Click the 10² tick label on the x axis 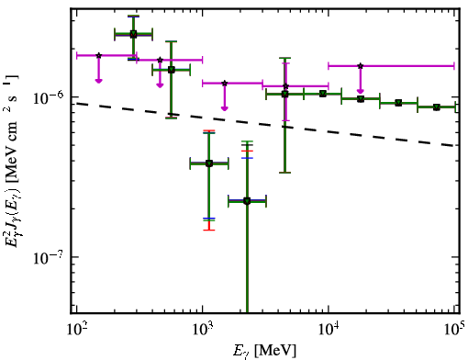[76, 329]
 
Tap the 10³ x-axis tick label [202, 329]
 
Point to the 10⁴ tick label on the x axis [329, 329]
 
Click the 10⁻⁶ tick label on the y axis [48, 98]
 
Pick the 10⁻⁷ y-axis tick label [48, 258]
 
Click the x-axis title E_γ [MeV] [264, 351]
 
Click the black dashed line [266, 124]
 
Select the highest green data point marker [133, 34]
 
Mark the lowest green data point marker [247, 201]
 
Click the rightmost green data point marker [437, 107]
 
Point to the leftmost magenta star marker [98, 55]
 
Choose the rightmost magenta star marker [361, 66]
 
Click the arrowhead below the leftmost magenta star [98, 81]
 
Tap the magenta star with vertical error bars [285, 86]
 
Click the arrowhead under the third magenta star [225, 108]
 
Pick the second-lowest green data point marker [209, 163]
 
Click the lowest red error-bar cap [209, 230]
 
